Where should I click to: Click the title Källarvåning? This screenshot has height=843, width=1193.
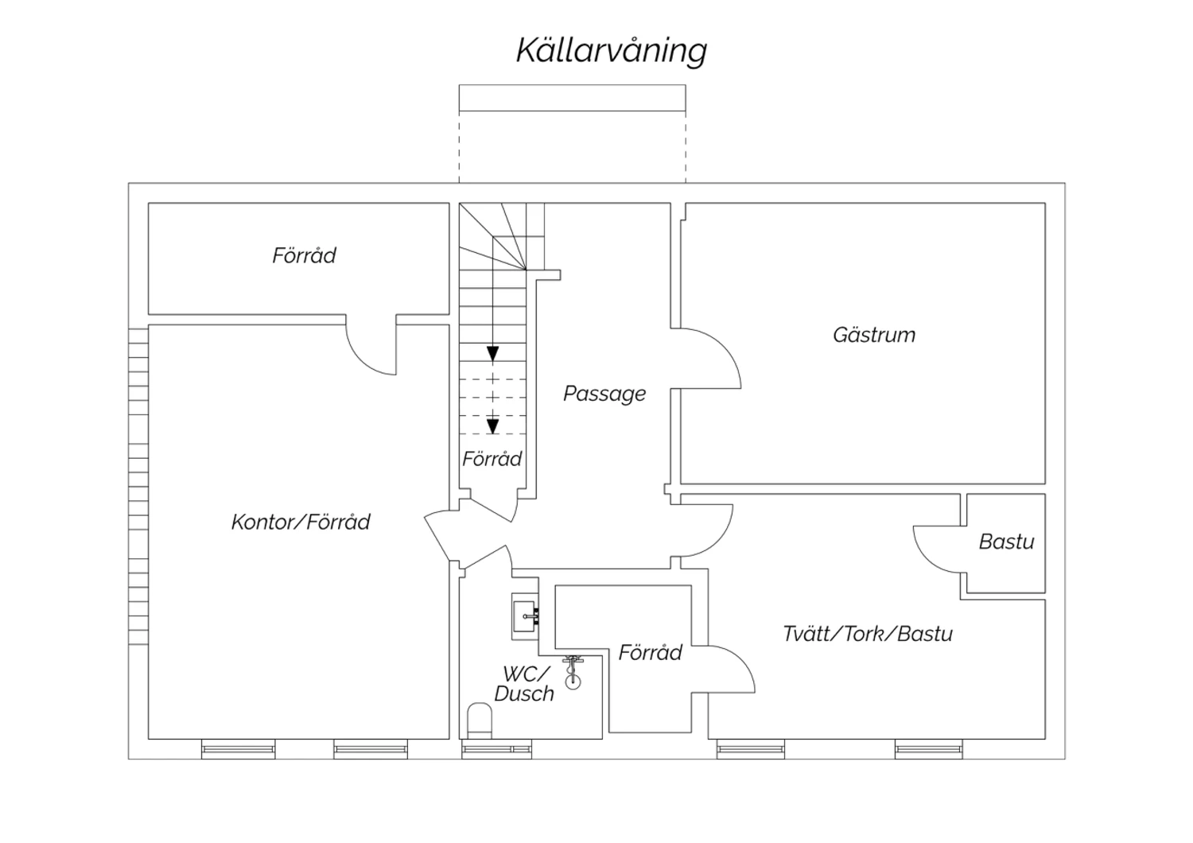tap(612, 50)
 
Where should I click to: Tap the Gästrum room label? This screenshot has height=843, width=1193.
tap(874, 335)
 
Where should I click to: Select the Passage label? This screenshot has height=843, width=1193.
tap(604, 394)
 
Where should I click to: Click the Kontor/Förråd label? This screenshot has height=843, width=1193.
tap(301, 522)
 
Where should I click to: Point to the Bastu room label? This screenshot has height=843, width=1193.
tap(1006, 542)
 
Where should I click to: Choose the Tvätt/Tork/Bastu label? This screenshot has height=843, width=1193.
tap(868, 634)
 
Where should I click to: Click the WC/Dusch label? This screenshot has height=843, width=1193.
tap(524, 684)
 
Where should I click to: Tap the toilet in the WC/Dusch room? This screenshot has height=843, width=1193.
tap(480, 721)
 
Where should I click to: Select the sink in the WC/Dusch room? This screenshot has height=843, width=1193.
tap(525, 614)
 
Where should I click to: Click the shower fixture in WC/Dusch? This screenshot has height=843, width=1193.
tap(572, 671)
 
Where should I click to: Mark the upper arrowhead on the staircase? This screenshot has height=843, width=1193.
tap(493, 353)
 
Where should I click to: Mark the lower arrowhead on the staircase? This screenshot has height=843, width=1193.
tap(493, 425)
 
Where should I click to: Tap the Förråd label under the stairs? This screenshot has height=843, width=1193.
tap(492, 459)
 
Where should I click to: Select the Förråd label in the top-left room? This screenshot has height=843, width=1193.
tap(304, 255)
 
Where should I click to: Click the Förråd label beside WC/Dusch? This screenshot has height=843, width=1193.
tap(650, 653)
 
